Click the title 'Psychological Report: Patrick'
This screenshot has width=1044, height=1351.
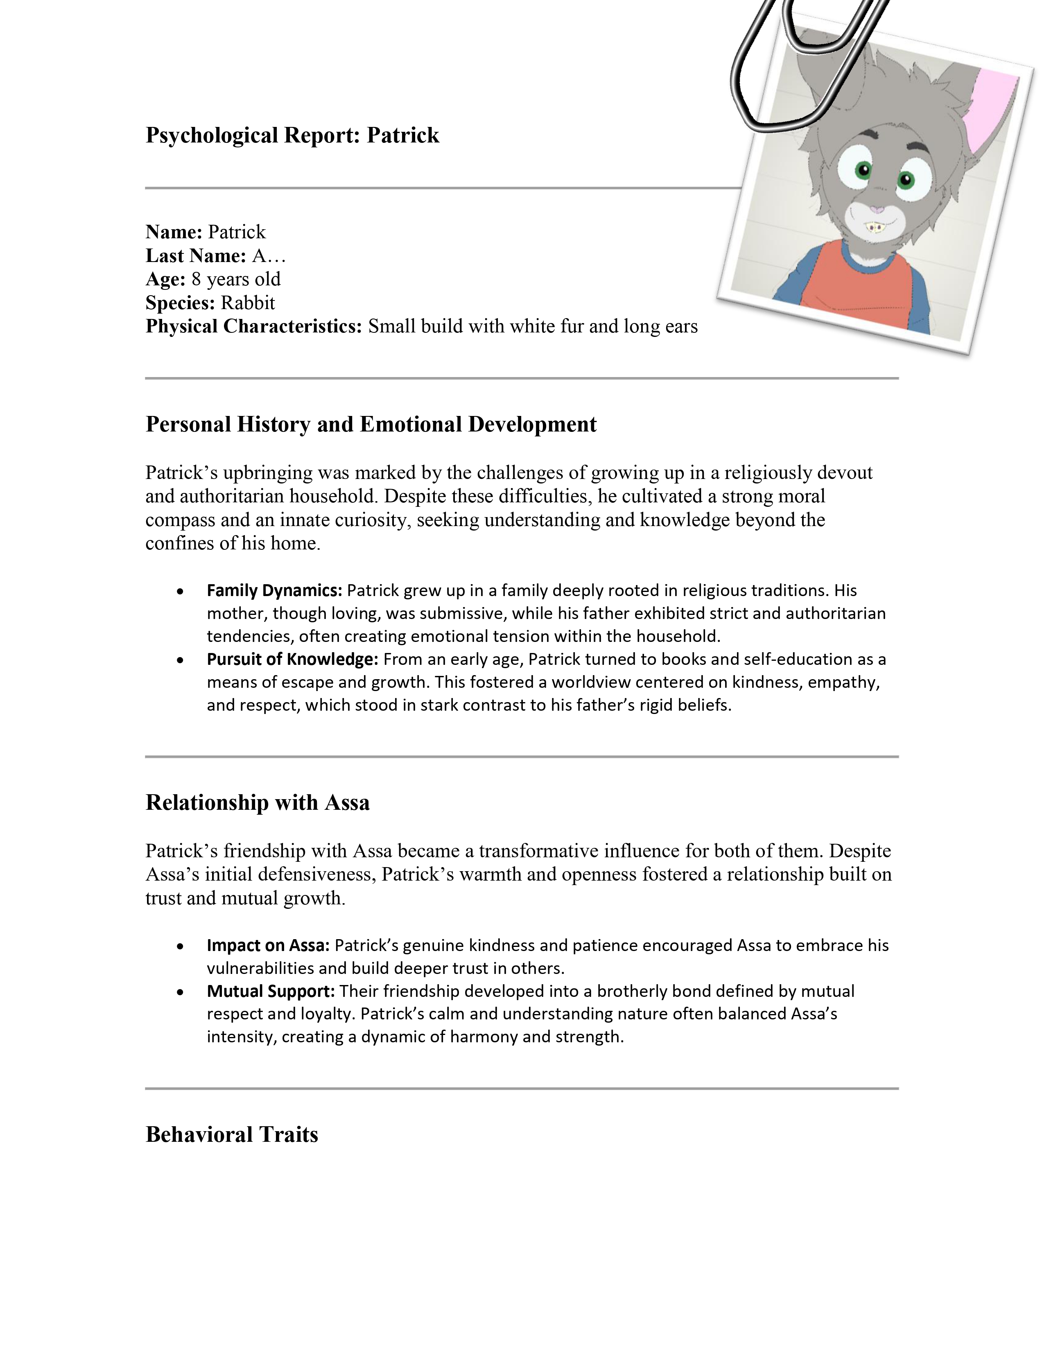pos(292,135)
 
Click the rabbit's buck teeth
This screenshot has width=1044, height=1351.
pos(873,227)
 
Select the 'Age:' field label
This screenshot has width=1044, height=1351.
pos(165,279)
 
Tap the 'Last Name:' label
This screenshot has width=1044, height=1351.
pos(195,255)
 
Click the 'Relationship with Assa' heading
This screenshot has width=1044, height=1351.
pos(257,802)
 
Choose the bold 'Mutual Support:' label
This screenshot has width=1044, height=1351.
pos(270,991)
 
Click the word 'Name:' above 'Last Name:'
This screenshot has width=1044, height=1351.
pos(174,232)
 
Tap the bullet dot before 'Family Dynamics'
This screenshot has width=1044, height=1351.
pos(180,592)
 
